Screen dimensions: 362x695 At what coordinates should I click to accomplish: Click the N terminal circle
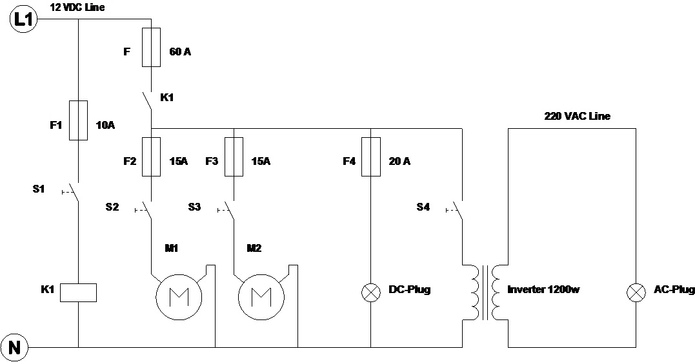[x=15, y=348]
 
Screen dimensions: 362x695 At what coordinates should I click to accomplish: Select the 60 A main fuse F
[x=151, y=47]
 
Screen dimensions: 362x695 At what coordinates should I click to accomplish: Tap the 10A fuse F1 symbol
[x=78, y=120]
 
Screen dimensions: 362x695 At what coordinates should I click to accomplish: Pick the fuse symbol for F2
[x=151, y=156]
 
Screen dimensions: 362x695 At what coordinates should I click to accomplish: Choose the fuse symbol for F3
[x=233, y=156]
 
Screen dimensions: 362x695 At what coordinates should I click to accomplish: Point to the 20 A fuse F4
[x=371, y=156]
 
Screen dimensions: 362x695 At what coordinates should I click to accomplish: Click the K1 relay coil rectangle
[x=78, y=292]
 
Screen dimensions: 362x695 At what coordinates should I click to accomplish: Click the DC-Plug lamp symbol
[x=371, y=292]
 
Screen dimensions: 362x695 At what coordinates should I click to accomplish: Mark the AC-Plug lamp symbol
[x=636, y=292]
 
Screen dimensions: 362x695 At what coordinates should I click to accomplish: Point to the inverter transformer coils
[x=485, y=292]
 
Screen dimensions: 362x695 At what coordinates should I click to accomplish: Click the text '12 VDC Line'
[x=77, y=8]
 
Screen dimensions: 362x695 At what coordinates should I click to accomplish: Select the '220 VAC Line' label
[x=578, y=116]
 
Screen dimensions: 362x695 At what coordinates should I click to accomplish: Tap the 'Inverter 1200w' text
[x=543, y=290]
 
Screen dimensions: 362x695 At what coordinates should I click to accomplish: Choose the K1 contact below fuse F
[x=148, y=100]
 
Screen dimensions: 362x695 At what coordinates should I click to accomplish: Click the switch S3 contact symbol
[x=230, y=209]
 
